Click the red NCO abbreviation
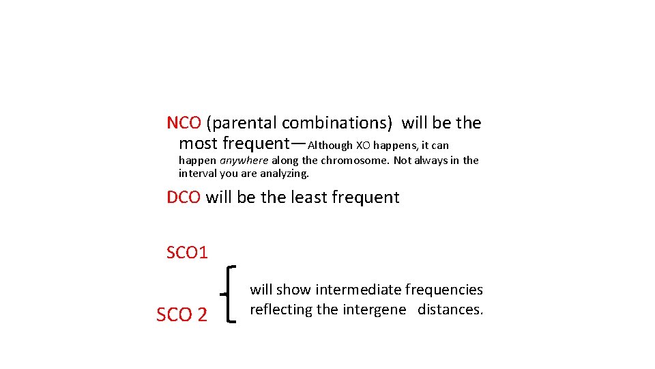click(x=184, y=123)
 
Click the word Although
click(x=331, y=145)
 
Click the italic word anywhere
click(x=244, y=161)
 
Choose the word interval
click(x=196, y=174)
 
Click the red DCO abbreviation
click(x=184, y=197)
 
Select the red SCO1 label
click(x=187, y=253)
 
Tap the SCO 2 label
click(x=181, y=315)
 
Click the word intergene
click(x=379, y=310)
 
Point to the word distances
click(x=450, y=310)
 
